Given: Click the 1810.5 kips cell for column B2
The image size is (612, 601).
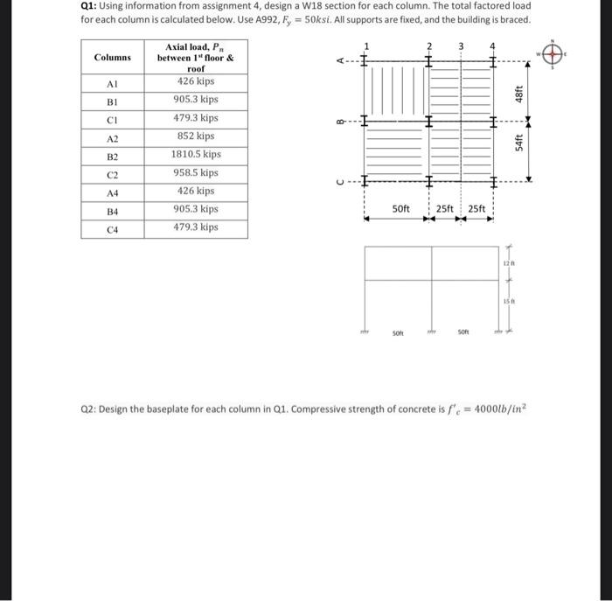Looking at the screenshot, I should (196, 154).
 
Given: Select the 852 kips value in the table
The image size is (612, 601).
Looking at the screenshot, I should (196, 136).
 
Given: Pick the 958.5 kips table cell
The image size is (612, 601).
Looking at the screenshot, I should (196, 172).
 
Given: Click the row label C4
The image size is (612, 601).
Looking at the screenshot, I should (112, 227).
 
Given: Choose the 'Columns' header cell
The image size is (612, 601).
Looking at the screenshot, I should (112, 57).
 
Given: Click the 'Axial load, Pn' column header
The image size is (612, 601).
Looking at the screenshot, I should (196, 57).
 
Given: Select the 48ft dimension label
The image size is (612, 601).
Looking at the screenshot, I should (518, 92).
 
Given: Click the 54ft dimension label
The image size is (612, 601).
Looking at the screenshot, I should (518, 142).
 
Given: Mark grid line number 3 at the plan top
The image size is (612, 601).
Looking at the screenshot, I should (461, 45).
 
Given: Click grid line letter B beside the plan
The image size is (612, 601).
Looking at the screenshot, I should (339, 122).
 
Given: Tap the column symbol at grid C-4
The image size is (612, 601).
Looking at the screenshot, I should (493, 182).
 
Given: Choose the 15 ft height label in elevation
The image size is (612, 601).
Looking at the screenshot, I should (506, 302).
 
